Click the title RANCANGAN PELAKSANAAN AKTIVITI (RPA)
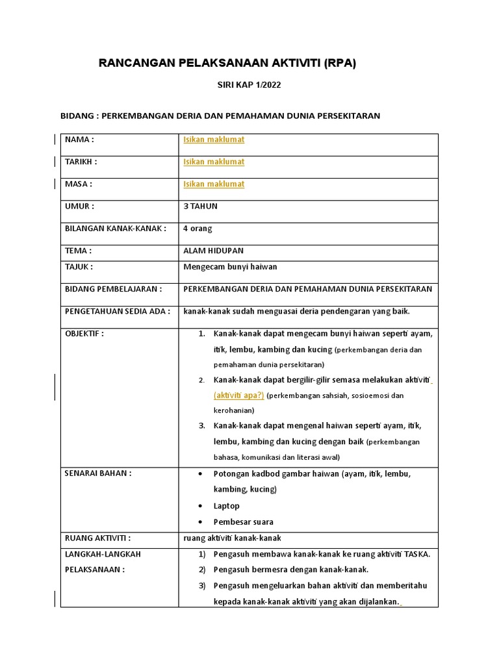point(227,63)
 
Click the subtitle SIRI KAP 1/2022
point(249,85)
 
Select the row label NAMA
point(79,140)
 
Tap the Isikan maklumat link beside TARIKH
point(214,162)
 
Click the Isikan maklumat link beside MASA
point(214,184)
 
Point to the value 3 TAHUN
point(201,206)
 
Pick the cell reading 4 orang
point(198,229)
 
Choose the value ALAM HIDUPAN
point(214,251)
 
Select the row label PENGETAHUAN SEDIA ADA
point(118,311)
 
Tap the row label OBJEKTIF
point(84,334)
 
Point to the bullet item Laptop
point(227,506)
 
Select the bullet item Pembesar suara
point(244,522)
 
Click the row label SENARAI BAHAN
point(98,473)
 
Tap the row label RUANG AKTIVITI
point(98,538)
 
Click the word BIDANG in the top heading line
point(77,116)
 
